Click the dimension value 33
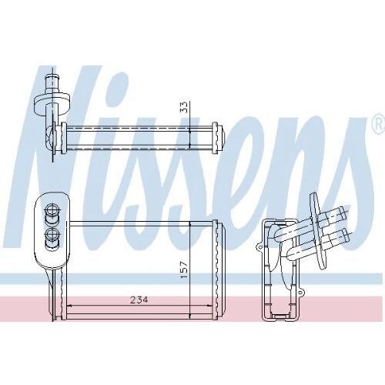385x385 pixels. [x=185, y=107]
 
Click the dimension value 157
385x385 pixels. [x=186, y=270]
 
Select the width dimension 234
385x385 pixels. [x=139, y=300]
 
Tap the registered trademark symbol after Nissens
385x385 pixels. [x=378, y=125]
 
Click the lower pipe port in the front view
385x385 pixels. [x=52, y=235]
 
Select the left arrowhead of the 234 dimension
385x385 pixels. [x=69, y=306]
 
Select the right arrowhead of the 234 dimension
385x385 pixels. [x=210, y=306]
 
